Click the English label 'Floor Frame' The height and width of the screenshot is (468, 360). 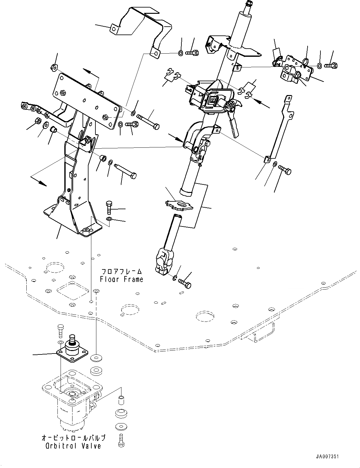(121, 279)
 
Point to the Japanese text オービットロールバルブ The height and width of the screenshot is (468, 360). (74, 438)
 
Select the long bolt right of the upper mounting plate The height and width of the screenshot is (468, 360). (148, 122)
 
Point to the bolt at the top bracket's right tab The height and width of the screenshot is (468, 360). (192, 53)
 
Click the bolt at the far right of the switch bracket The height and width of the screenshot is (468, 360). (331, 66)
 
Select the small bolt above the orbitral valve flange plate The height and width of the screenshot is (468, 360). (61, 331)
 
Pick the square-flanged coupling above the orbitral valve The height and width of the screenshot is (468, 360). (72, 351)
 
